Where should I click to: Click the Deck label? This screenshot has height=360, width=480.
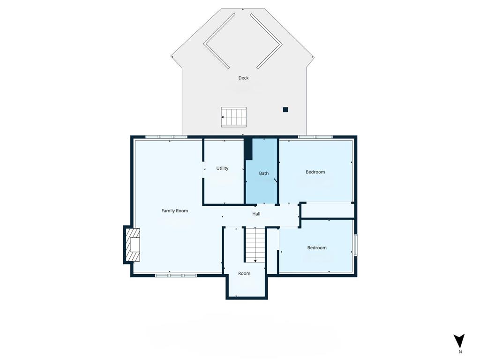(243, 78)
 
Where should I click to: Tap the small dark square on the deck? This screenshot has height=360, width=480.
(285, 110)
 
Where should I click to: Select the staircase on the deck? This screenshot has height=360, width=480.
(233, 117)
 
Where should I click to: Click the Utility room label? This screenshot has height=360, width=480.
(222, 168)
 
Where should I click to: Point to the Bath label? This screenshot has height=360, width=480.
(263, 173)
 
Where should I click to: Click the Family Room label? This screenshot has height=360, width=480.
(174, 210)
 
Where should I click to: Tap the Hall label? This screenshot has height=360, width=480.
(256, 214)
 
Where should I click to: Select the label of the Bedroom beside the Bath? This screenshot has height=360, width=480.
(315, 172)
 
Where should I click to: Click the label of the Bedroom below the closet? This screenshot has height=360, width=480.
(317, 247)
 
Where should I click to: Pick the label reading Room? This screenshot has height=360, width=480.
(244, 273)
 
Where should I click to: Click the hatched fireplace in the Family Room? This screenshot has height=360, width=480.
(133, 245)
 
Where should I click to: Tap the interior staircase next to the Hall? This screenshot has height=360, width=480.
(255, 245)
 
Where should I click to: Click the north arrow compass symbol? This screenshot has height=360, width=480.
(459, 341)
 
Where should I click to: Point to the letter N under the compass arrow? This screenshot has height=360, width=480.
(460, 352)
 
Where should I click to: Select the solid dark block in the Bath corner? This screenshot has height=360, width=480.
(248, 149)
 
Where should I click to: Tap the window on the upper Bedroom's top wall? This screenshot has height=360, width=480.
(315, 137)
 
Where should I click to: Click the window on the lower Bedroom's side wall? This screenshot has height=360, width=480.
(356, 245)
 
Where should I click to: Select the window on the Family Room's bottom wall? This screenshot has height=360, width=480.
(176, 276)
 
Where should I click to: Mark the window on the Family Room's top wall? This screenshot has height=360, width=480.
(166, 137)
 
